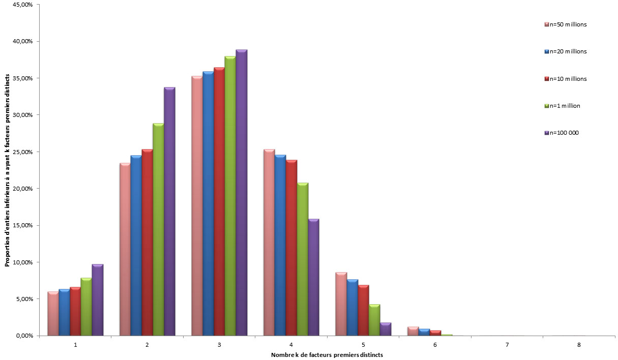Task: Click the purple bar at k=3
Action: click(x=242, y=193)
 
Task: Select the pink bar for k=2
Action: click(x=125, y=249)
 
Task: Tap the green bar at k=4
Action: click(x=303, y=259)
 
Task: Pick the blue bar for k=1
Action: click(x=64, y=312)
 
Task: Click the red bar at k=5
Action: click(x=364, y=310)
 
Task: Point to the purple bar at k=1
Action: click(x=98, y=300)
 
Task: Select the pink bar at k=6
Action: click(x=414, y=332)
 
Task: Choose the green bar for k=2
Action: click(x=158, y=229)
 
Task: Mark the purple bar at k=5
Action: click(x=386, y=329)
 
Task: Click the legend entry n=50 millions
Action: click(x=566, y=24)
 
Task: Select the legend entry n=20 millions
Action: click(x=566, y=51)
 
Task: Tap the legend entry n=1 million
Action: click(x=562, y=106)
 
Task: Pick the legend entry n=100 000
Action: click(x=562, y=133)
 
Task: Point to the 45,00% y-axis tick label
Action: click(x=23, y=5)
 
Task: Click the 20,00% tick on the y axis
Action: click(x=23, y=189)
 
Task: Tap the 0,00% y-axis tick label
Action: click(x=24, y=336)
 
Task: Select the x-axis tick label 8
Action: click(x=579, y=345)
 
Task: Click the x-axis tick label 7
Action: click(x=507, y=345)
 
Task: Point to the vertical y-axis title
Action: click(x=7, y=170)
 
